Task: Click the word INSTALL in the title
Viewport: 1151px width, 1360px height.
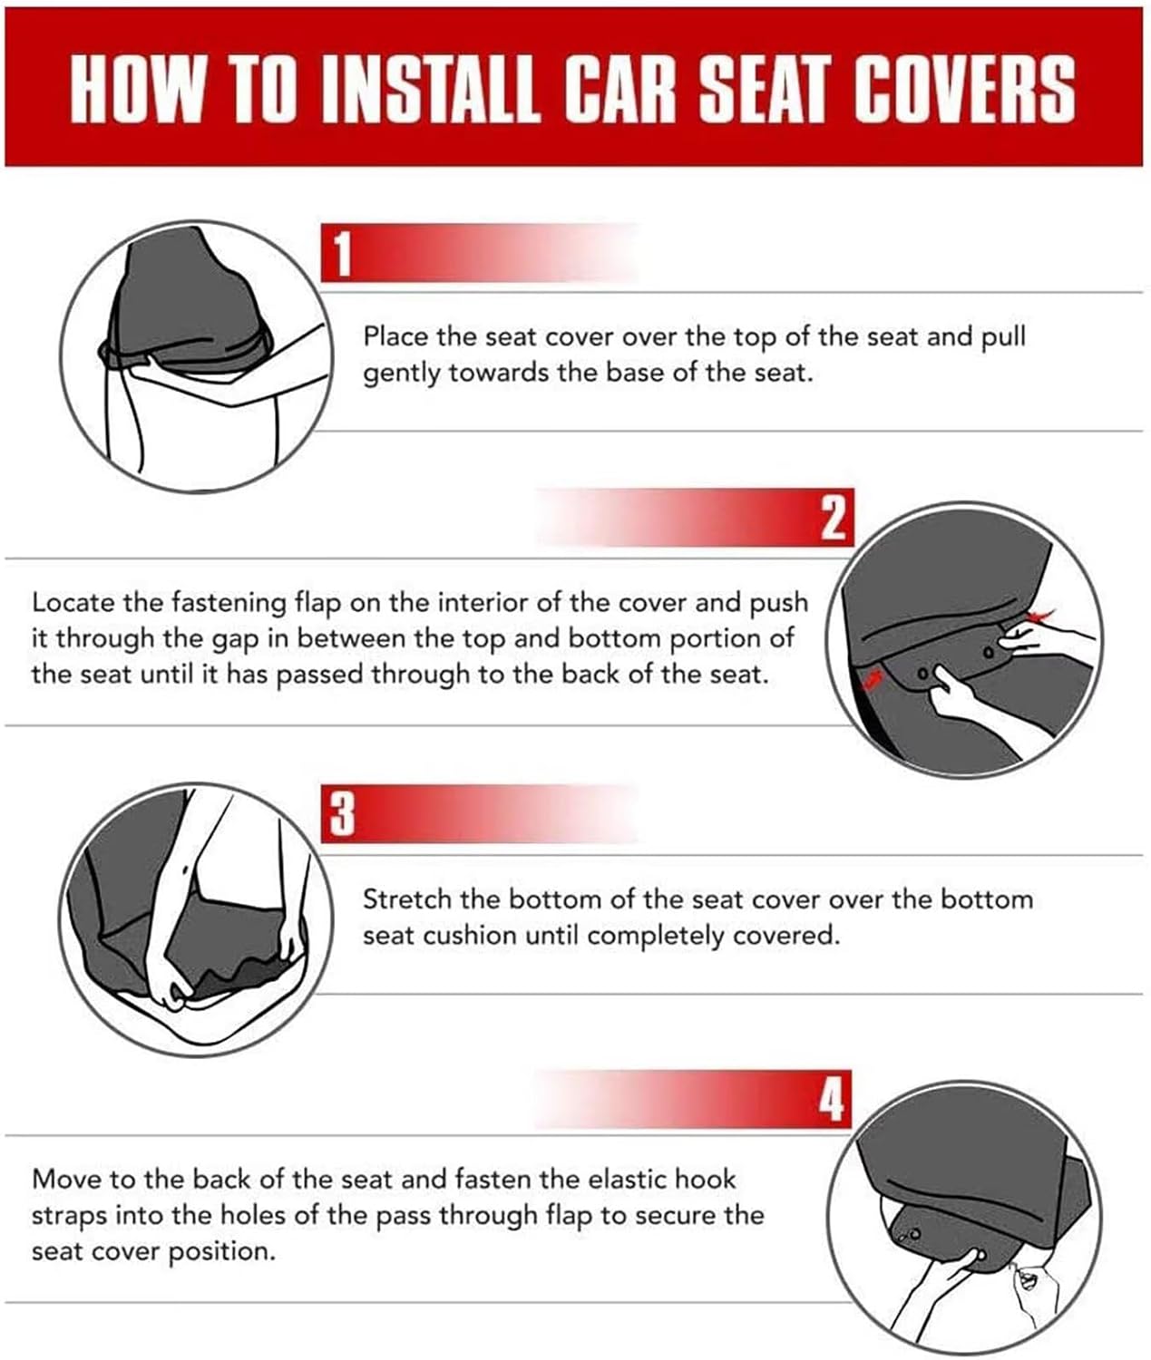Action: pyautogui.click(x=430, y=89)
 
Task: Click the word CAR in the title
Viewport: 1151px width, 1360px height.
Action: pyautogui.click(x=619, y=89)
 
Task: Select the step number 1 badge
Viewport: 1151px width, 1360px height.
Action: pyautogui.click(x=342, y=254)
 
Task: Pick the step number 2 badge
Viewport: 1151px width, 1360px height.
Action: pyautogui.click(x=834, y=518)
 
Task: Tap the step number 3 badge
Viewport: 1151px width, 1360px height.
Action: pyautogui.click(x=342, y=814)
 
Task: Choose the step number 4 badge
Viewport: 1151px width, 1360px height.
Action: pyautogui.click(x=832, y=1100)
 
